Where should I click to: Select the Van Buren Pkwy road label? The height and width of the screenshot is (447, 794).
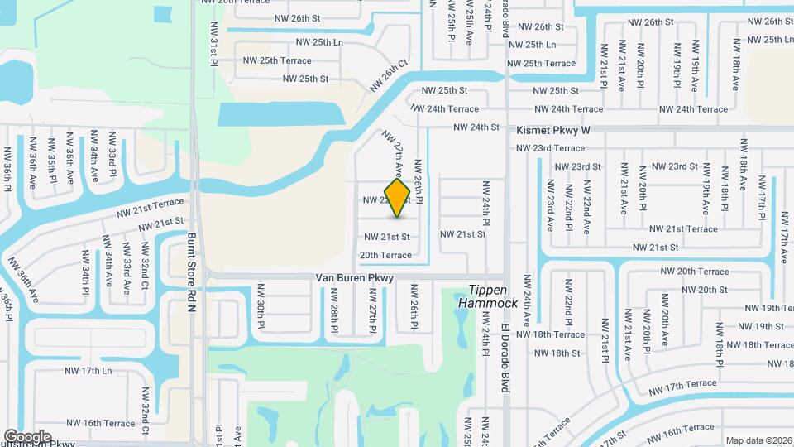pos(354,278)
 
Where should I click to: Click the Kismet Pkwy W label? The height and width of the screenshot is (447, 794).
pos(553,130)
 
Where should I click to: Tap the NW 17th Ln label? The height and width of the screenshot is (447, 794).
pos(88,370)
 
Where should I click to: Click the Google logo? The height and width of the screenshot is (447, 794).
pos(27,436)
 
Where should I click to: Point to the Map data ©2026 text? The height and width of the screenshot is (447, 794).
pos(758,440)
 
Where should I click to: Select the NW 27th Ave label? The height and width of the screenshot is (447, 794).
pos(393,154)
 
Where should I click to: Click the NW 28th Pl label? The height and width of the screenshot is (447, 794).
pos(335,315)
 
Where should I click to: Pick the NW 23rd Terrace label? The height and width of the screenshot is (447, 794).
pos(550,147)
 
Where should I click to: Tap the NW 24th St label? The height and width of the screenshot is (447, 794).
pos(476,127)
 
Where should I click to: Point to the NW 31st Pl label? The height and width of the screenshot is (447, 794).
pos(213,50)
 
